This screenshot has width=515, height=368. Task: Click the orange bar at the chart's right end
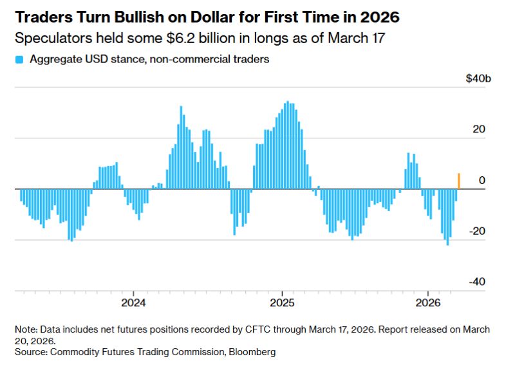coord(458,181)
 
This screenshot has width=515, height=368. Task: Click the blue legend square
coord(19,60)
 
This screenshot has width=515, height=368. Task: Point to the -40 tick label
coord(477,282)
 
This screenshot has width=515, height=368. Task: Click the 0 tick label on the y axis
coord(482,181)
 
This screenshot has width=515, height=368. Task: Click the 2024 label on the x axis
coord(133,303)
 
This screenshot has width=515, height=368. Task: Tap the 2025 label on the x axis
coord(282,303)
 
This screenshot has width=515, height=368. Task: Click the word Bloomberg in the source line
coord(254,353)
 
